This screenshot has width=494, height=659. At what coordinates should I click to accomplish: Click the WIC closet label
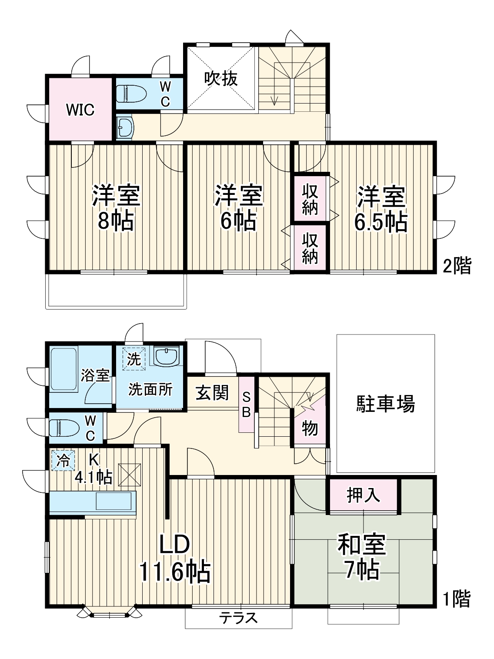[x=80, y=110]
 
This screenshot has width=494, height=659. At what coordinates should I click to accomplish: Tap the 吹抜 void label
[x=221, y=79]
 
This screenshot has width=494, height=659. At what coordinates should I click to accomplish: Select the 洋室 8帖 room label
[x=115, y=208]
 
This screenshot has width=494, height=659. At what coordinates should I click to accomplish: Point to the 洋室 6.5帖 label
[x=381, y=209]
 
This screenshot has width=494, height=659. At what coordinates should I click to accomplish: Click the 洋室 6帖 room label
[x=238, y=208]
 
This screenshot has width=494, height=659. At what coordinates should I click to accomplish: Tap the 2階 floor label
[x=457, y=266]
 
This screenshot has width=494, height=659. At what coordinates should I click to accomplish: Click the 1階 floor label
[x=457, y=599]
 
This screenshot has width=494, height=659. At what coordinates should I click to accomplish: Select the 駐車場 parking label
[x=386, y=403]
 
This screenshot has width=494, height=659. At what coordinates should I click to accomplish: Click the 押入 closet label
[x=363, y=495]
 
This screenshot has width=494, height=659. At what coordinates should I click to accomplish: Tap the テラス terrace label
[x=238, y=618]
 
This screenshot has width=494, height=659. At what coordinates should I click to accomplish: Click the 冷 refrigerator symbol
[x=63, y=460]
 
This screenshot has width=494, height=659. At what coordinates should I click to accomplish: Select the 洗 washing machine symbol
[x=134, y=359]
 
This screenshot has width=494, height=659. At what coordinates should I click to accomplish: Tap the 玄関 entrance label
[x=212, y=393]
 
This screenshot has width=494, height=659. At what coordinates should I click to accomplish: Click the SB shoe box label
[x=246, y=405]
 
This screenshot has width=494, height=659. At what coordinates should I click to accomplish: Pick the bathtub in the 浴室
[x=64, y=369]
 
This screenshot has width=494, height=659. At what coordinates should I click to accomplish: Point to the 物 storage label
[x=310, y=429]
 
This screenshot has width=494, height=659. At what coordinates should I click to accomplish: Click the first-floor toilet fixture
[x=64, y=428]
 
